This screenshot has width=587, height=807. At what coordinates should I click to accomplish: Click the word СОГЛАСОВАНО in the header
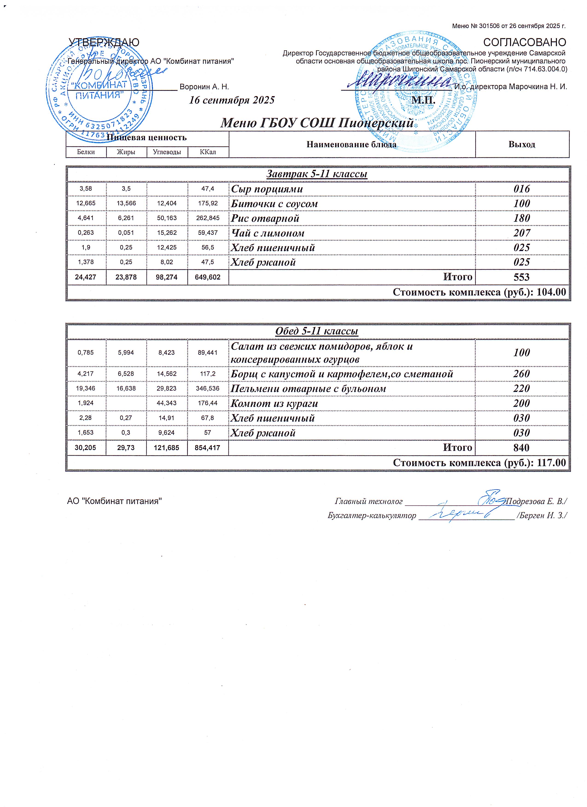pos(524,42)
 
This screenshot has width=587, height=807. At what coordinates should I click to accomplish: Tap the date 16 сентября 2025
pos(232,100)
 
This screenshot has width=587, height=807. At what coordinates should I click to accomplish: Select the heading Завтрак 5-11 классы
pos(317,174)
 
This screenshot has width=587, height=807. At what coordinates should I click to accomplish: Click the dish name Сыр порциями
pos(267,189)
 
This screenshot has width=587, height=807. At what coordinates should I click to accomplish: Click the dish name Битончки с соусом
pos(274,204)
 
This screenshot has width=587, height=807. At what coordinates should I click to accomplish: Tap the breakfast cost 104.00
pos(551,292)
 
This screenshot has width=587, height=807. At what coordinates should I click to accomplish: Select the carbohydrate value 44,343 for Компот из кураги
pos(167,403)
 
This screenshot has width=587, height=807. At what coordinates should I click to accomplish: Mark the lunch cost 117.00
pos(551,463)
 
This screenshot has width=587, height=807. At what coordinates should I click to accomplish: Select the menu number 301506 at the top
pos(490,26)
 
